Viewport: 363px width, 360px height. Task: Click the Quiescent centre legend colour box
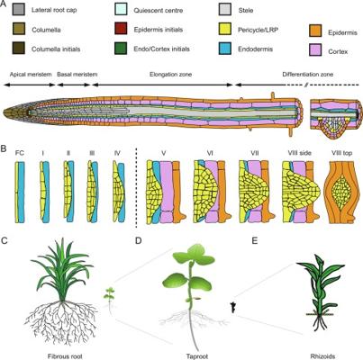pos(121,10)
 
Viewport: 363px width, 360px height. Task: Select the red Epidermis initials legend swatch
pos(121,29)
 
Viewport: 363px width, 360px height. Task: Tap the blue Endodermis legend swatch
pos(225,49)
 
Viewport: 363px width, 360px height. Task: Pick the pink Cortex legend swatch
pos(315,51)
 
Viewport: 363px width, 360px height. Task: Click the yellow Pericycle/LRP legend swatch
pos(225,29)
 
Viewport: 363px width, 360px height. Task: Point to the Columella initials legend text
pos(56,49)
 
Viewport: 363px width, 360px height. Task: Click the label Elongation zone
pos(170,75)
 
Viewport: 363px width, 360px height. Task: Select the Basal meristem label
pos(77,75)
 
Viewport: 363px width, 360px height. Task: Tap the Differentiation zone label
pos(308,75)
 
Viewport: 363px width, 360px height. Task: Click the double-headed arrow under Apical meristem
pos(30,85)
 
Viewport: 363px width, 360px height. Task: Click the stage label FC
pos(20,153)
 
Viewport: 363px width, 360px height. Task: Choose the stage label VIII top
pos(340,153)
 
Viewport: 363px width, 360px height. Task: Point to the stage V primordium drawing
pos(163,192)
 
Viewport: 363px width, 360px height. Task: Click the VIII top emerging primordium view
pos(341,193)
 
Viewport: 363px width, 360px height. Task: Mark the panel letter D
pos(139,240)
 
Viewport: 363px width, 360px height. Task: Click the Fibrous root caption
pos(65,356)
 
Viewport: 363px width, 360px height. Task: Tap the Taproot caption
pos(197,356)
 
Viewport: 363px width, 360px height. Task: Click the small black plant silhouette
pos(232,308)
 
